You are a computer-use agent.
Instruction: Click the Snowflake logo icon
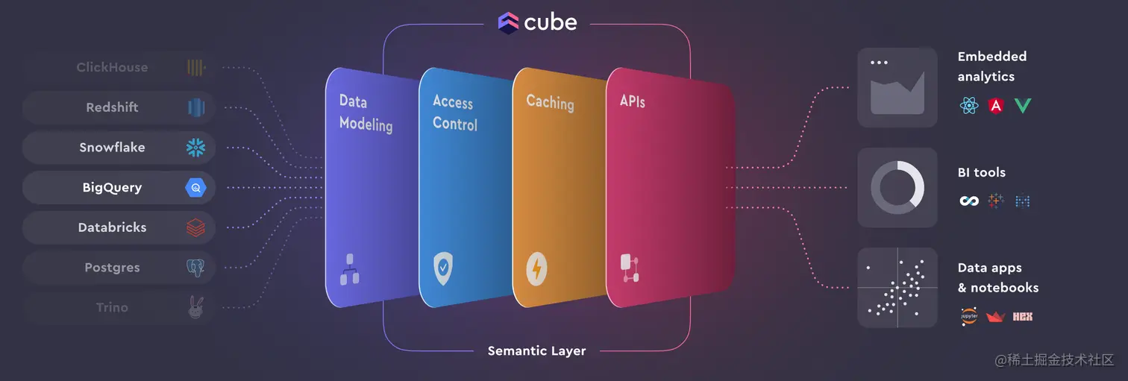point(195,148)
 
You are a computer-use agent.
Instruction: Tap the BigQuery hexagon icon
point(195,188)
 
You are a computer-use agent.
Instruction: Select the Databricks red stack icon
point(195,227)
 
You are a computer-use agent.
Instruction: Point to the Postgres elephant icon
point(195,268)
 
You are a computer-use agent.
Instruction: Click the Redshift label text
point(112,107)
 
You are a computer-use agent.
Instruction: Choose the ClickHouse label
point(112,67)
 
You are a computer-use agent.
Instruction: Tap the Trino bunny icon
point(195,307)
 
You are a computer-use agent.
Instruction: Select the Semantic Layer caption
point(536,350)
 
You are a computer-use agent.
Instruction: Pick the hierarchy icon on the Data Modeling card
point(349,269)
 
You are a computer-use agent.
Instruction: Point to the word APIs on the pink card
point(633,100)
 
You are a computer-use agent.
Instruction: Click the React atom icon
point(969,106)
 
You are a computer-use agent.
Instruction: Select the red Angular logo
point(995,106)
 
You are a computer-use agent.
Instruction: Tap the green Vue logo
point(1022,106)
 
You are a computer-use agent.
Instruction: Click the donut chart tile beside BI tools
point(897,187)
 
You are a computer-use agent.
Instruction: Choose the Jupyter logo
point(969,317)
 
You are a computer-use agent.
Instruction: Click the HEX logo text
point(1022,317)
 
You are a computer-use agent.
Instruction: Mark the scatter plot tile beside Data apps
point(897,287)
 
